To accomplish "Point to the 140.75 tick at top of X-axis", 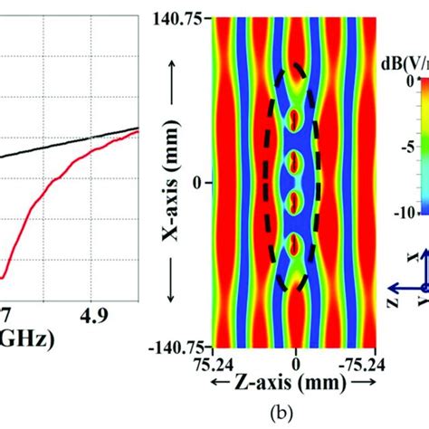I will click(x=180, y=16).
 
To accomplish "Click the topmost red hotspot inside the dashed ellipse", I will click(x=295, y=119).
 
